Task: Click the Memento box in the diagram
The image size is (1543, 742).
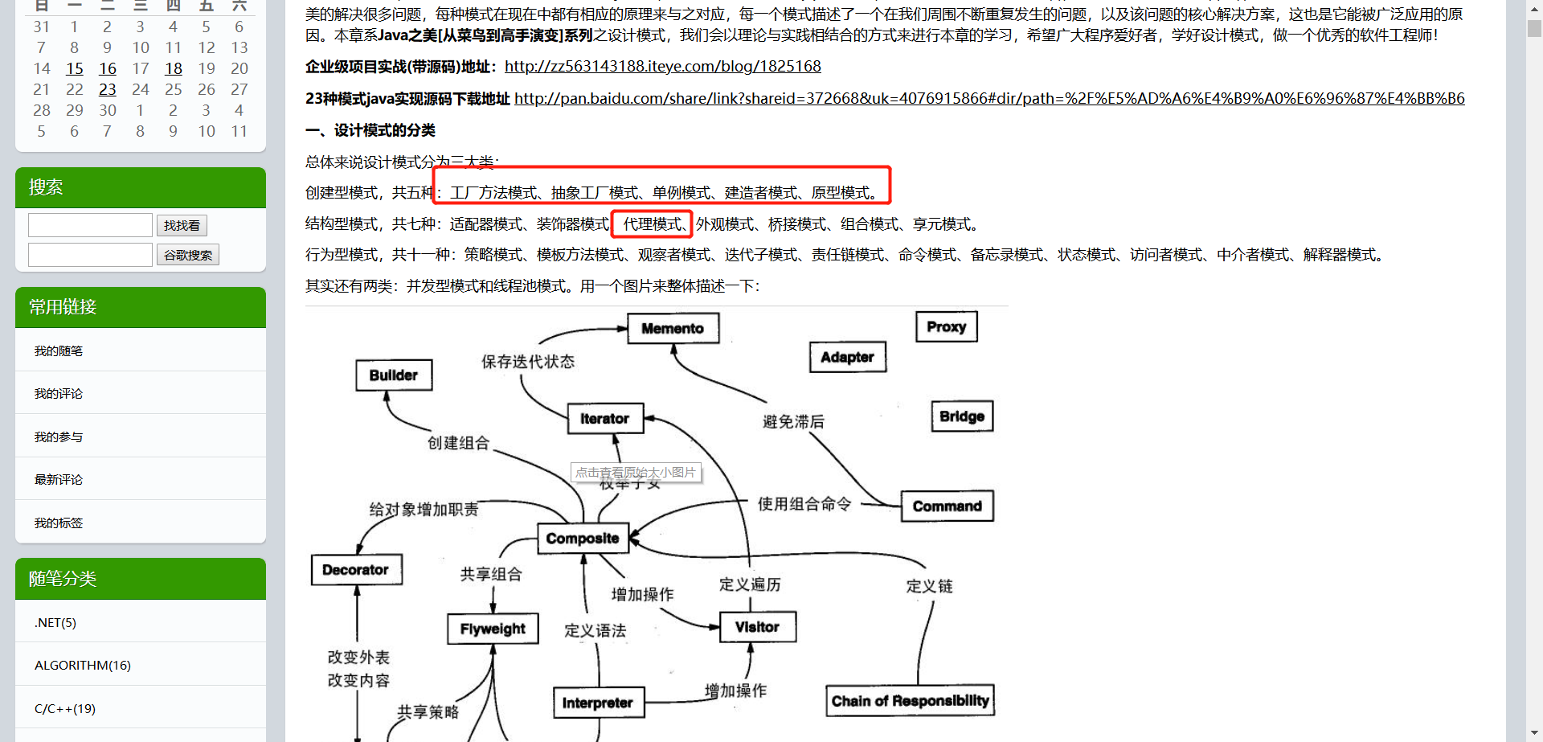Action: pos(673,328)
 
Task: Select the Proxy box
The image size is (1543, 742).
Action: pos(946,326)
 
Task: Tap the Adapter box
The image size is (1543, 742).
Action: pos(847,357)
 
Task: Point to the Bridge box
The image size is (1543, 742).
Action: pos(961,416)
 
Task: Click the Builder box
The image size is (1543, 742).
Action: pos(394,375)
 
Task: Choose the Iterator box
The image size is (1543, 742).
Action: pos(604,419)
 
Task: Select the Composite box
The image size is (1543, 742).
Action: pos(583,539)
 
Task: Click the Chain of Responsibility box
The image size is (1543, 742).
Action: pos(910,701)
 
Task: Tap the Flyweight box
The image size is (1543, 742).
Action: pos(493,629)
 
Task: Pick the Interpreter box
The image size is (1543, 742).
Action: pos(598,703)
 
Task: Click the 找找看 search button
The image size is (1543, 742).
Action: pos(182,226)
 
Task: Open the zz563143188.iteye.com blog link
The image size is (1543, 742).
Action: pos(662,67)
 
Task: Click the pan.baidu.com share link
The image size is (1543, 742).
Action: pos(988,98)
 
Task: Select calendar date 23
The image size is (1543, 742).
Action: pos(108,89)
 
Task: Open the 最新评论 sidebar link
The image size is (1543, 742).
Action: pos(59,480)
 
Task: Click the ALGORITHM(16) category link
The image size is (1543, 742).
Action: pos(83,665)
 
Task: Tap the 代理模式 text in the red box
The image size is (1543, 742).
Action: pos(652,224)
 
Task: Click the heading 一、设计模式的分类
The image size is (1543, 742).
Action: pos(370,130)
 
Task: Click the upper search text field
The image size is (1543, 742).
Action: pos(90,225)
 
